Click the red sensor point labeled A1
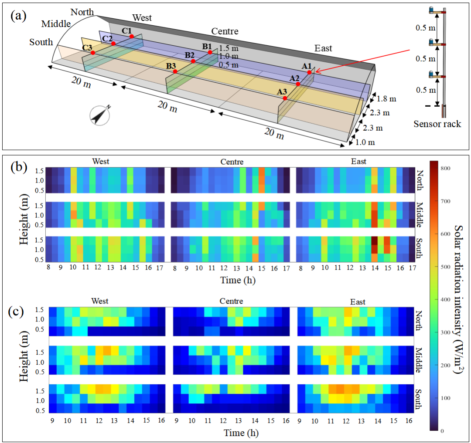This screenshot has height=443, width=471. [309, 73]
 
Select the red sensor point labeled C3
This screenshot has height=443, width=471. [93, 53]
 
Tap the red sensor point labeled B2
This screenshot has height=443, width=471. [193, 61]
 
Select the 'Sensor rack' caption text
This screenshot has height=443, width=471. [437, 124]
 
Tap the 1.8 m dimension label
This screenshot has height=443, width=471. [386, 99]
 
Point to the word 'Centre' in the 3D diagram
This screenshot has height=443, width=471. [225, 31]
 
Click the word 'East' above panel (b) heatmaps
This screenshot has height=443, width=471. [358, 162]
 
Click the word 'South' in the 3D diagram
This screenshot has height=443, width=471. [41, 42]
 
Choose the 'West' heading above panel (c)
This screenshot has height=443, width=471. [100, 301]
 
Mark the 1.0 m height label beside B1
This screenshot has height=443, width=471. [229, 57]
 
